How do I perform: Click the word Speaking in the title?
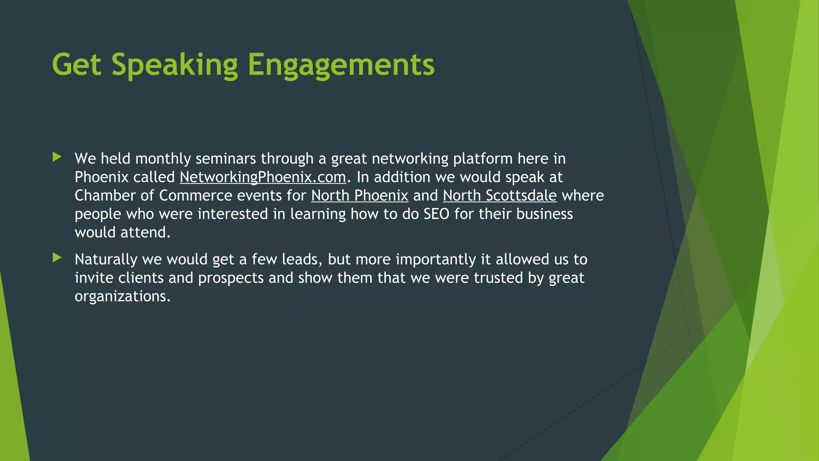pyautogui.click(x=174, y=65)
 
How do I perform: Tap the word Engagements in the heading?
pyautogui.click(x=341, y=65)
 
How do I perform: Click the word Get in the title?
pyautogui.click(x=76, y=65)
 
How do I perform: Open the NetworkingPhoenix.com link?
pyautogui.click(x=263, y=177)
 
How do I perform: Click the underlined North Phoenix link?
pyautogui.click(x=360, y=196)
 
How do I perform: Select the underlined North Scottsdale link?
pyautogui.click(x=499, y=196)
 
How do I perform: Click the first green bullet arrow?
pyautogui.click(x=57, y=157)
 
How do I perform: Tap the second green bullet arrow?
pyautogui.click(x=57, y=258)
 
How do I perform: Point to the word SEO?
pyautogui.click(x=436, y=214)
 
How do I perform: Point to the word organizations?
pyautogui.click(x=122, y=297)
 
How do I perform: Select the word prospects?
pyautogui.click(x=231, y=278)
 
